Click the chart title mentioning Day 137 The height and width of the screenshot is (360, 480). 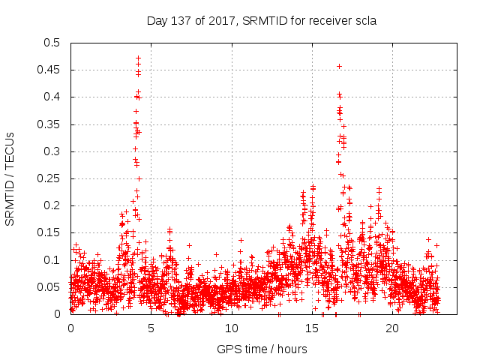pos(261,21)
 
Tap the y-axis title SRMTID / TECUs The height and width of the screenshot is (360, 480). pos(10,178)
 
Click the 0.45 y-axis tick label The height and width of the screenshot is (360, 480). pos(52,70)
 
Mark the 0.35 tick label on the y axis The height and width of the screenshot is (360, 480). pos(52,124)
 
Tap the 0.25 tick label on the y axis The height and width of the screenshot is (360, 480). pos(52,178)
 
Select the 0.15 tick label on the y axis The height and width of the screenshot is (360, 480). pos(52,232)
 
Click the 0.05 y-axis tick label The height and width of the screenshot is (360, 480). pos(52,287)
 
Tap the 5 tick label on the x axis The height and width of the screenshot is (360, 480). pos(151,328)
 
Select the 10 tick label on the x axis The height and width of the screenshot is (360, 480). pos(231,328)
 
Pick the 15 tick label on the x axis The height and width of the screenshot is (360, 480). pos(312,328)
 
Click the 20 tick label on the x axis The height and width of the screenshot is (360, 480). pos(392,328)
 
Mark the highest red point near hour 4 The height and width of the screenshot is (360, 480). pos(138,58)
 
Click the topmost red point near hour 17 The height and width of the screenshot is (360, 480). pos(339,66)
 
